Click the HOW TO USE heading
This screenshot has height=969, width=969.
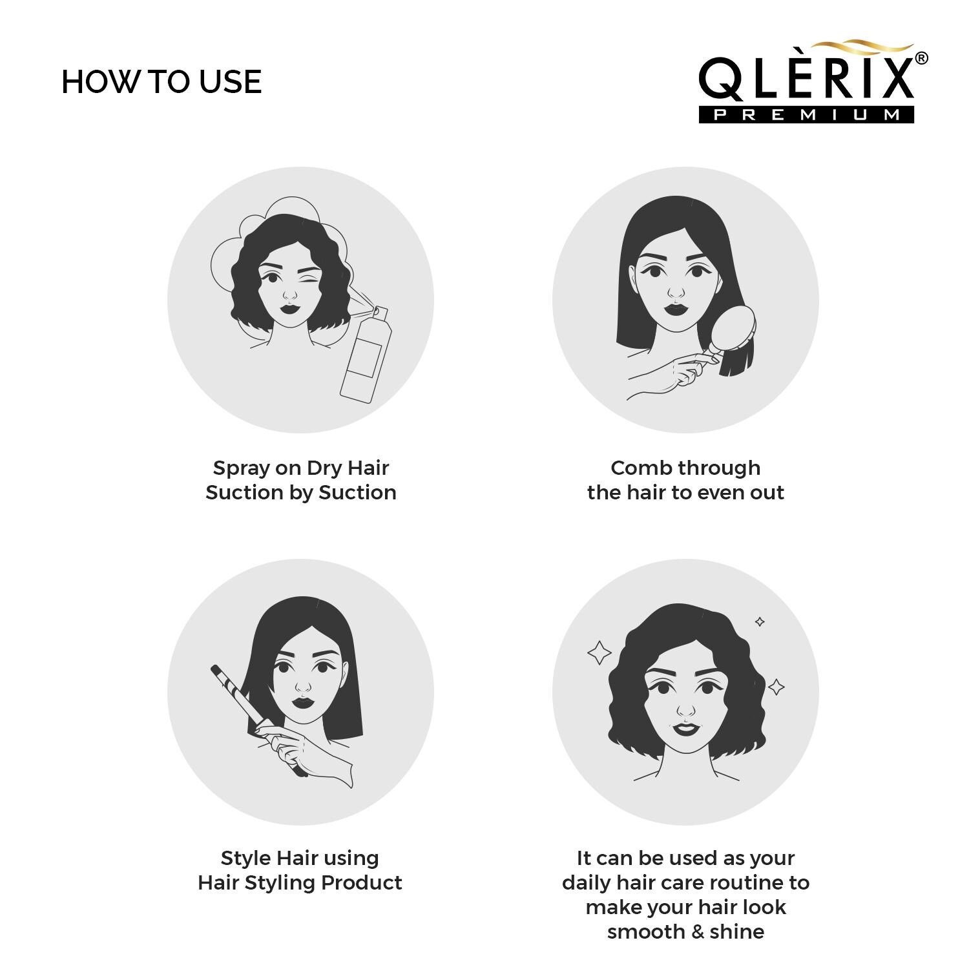tap(161, 82)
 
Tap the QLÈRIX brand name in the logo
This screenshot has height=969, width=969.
tap(806, 78)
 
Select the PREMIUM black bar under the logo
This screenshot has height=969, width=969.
tap(806, 114)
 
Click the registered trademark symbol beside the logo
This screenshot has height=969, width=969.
tap(922, 58)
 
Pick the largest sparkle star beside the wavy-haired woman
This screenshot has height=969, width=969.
tap(599, 652)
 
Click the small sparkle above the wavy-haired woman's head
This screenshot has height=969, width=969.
tap(760, 621)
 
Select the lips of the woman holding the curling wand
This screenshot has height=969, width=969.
tap(302, 702)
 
